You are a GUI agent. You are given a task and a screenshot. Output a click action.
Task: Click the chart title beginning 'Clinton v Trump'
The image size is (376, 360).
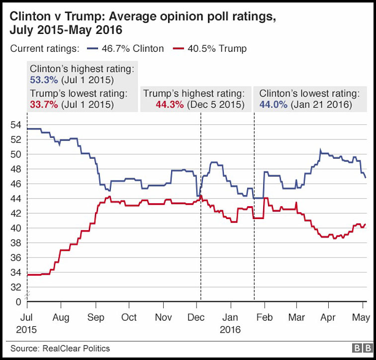click(x=142, y=23)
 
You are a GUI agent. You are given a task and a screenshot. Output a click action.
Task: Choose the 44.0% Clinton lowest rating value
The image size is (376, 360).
click(x=273, y=105)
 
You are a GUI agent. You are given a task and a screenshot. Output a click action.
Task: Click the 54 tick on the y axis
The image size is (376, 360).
click(x=16, y=125)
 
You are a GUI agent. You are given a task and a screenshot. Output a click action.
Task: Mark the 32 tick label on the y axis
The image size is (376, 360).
click(x=16, y=287)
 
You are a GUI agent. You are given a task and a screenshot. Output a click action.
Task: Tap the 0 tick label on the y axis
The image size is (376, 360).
click(x=19, y=302)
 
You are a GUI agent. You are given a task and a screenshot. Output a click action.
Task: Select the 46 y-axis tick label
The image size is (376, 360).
click(x=16, y=184)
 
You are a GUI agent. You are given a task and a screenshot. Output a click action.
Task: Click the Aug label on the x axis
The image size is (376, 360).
click(x=61, y=318)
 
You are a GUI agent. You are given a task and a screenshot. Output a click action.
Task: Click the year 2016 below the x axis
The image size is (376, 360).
click(x=230, y=329)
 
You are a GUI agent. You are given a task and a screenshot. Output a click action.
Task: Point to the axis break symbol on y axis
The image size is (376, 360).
click(x=28, y=294)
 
